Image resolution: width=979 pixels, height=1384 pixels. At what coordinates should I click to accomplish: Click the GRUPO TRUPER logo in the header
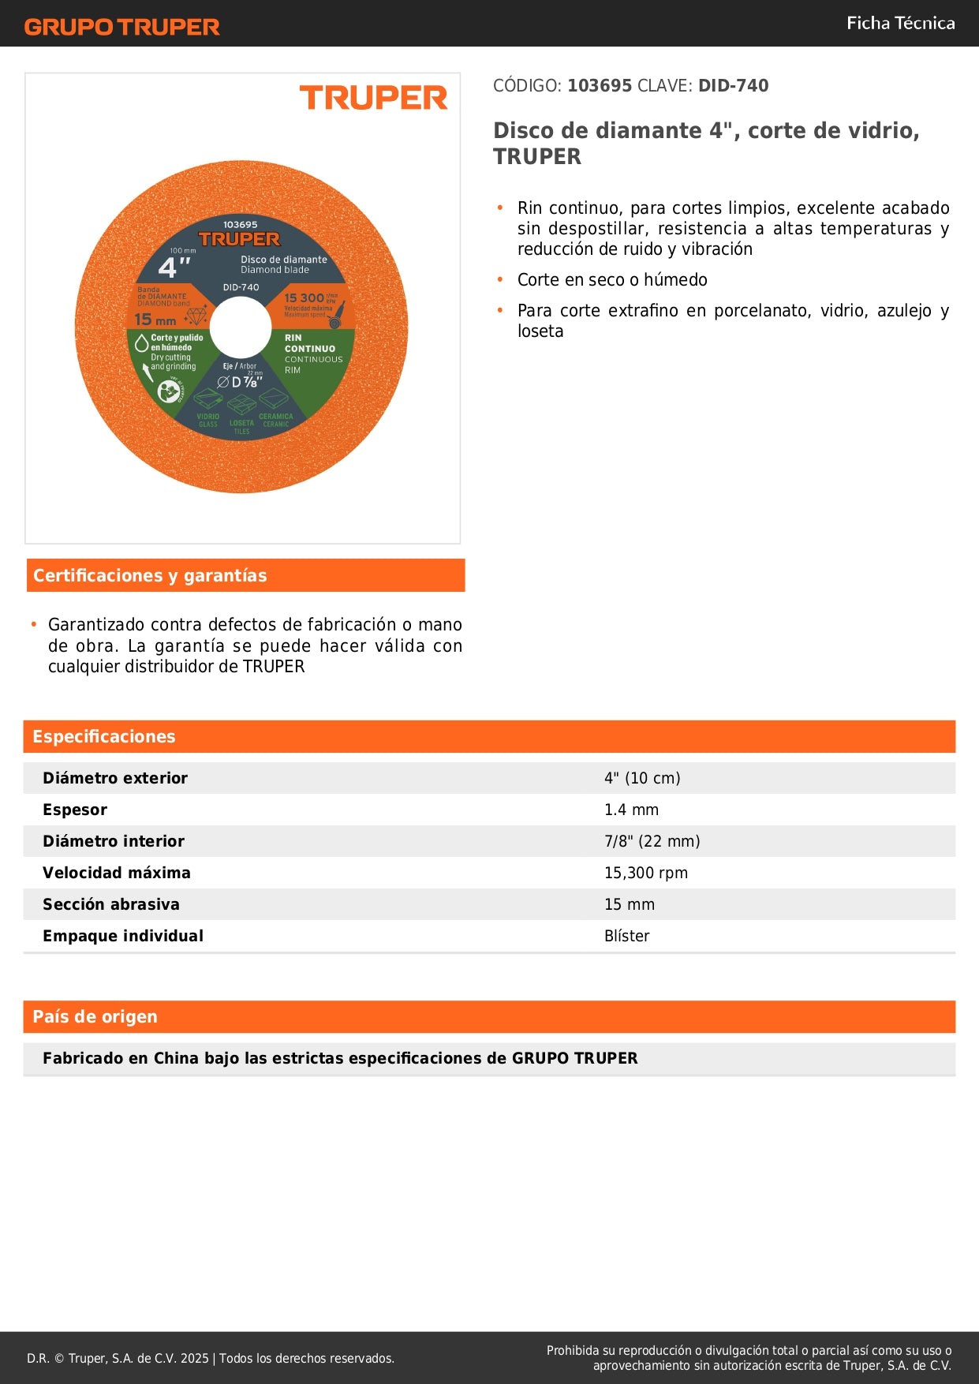click(x=121, y=27)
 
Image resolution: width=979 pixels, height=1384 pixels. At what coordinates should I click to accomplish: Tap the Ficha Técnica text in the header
click(x=900, y=23)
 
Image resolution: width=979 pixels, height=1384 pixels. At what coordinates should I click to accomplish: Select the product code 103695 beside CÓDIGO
click(x=600, y=85)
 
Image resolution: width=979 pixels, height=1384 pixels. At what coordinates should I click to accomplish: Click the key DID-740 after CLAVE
click(x=733, y=85)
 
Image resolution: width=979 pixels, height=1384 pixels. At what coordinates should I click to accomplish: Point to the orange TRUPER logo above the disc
click(x=373, y=98)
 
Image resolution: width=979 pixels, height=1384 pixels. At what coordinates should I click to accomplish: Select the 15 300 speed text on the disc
click(x=305, y=297)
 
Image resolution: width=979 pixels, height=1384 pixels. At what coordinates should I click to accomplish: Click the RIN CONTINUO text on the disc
click(x=309, y=343)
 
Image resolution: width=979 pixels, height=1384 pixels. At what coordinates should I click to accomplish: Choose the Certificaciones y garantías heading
click(x=150, y=575)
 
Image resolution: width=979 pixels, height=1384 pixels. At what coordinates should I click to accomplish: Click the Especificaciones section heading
click(x=104, y=736)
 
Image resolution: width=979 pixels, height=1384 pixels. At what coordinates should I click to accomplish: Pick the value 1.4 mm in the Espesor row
click(x=631, y=810)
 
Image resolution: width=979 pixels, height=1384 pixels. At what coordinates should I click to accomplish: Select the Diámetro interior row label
click(x=114, y=841)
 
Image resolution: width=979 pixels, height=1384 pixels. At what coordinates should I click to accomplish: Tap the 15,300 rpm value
click(x=646, y=873)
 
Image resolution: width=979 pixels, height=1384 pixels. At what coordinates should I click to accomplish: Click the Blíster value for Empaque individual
click(x=627, y=936)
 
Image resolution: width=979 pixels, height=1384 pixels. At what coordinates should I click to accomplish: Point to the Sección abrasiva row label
click(x=111, y=904)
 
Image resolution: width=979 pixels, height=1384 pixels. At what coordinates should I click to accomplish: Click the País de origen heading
click(x=95, y=1016)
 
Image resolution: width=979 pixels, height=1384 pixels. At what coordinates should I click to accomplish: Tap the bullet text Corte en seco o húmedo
click(x=612, y=279)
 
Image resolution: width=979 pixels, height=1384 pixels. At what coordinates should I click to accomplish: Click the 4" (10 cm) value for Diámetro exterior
click(x=642, y=778)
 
